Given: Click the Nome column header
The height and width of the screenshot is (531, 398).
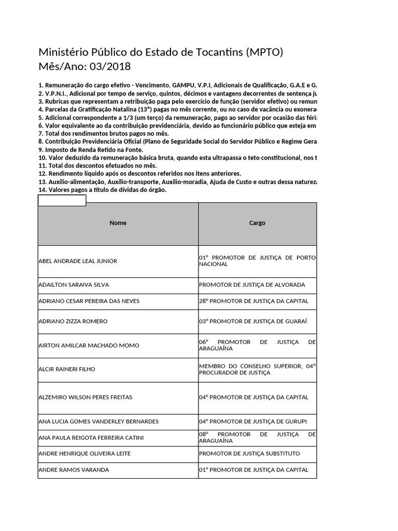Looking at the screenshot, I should pyautogui.click(x=118, y=223).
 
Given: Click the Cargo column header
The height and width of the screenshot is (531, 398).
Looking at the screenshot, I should pyautogui.click(x=257, y=223).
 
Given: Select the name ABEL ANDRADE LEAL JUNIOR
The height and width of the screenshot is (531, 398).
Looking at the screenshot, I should pyautogui.click(x=78, y=261).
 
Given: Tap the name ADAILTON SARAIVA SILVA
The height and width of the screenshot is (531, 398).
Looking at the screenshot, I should pyautogui.click(x=74, y=285).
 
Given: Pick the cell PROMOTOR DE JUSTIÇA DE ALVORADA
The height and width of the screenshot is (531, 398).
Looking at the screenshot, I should pyautogui.click(x=252, y=285).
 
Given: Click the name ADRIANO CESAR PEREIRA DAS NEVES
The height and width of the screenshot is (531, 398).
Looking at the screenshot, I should pyautogui.click(x=89, y=301).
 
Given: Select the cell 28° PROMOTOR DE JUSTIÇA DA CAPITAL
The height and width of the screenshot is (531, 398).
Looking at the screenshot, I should pyautogui.click(x=253, y=301).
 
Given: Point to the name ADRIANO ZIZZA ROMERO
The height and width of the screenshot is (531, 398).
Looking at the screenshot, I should pyautogui.click(x=73, y=321).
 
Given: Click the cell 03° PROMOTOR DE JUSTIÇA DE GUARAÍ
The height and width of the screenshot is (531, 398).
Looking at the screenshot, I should pyautogui.click(x=253, y=321).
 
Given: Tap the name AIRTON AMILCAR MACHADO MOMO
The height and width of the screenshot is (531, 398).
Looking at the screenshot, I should pyautogui.click(x=85, y=345).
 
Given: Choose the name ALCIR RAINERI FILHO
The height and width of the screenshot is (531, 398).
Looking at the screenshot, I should pyautogui.click(x=67, y=369).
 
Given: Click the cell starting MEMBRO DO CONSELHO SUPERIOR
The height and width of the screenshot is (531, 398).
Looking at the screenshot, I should pyautogui.click(x=257, y=369).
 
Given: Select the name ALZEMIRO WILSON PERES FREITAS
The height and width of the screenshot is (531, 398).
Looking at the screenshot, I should pyautogui.click(x=86, y=397).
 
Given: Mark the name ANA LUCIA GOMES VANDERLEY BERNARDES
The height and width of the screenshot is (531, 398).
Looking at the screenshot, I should pyautogui.click(x=98, y=421).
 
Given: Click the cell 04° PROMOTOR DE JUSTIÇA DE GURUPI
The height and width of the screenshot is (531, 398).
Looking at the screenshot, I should pyautogui.click(x=252, y=421).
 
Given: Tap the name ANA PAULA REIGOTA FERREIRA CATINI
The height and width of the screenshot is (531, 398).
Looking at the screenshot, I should pyautogui.click(x=91, y=437).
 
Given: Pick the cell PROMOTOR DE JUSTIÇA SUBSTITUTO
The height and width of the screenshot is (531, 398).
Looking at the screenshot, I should pyautogui.click(x=249, y=453).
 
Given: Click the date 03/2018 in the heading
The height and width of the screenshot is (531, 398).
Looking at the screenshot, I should pyautogui.click(x=110, y=67).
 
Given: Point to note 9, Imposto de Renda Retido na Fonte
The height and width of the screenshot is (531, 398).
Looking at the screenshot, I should pyautogui.click(x=91, y=150).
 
